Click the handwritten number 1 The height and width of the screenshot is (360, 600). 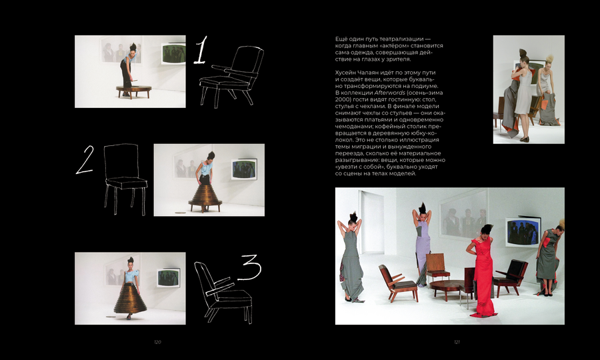[201, 50]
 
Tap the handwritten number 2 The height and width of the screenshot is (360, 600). [85, 159]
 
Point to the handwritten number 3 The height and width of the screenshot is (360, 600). [250, 267]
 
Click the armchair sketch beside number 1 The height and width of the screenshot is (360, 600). [231, 76]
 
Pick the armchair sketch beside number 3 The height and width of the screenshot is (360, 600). [223, 292]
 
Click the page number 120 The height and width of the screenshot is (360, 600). [157, 342]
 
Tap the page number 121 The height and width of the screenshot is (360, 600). [457, 342]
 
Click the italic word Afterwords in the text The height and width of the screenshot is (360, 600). [389, 93]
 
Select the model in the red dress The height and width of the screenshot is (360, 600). [483, 271]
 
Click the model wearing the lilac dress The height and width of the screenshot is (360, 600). [422, 244]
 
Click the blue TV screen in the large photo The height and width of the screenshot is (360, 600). [523, 231]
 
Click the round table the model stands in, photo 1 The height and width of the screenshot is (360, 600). [134, 91]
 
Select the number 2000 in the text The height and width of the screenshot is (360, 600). [343, 99]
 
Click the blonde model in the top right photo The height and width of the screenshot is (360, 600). [547, 89]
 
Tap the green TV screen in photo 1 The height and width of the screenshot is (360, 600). [173, 53]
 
